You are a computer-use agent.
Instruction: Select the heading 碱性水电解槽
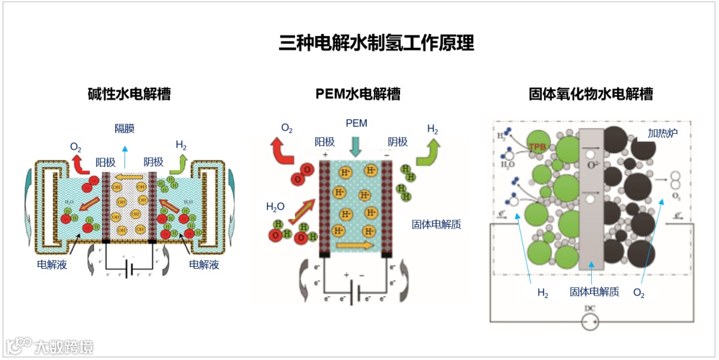[x=129, y=94]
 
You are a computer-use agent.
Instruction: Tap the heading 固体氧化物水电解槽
[x=591, y=94]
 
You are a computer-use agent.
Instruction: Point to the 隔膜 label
[x=124, y=128]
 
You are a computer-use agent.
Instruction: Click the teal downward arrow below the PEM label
[x=356, y=146]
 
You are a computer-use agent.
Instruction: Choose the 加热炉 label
[x=662, y=133]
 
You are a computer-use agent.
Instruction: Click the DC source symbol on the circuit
[x=590, y=323]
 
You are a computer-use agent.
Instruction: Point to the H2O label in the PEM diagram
[x=276, y=207]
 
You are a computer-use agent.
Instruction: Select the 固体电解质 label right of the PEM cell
[x=437, y=225]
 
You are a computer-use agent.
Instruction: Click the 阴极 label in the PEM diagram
[x=397, y=141]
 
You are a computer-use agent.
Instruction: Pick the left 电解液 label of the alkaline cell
[x=52, y=265]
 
